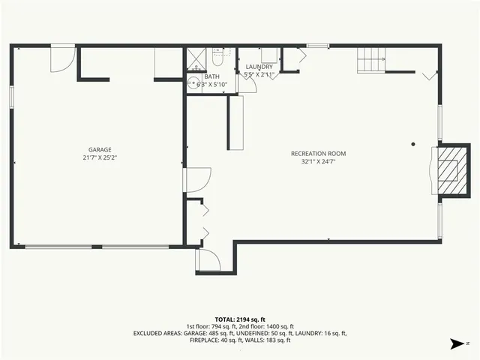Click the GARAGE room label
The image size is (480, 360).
[x=100, y=150]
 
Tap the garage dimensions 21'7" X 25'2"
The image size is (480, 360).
[x=100, y=158]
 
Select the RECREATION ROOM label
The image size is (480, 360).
[x=318, y=154]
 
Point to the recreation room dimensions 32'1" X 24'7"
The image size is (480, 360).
[x=318, y=162]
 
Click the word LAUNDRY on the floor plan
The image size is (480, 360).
[x=259, y=67]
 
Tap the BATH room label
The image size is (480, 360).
[x=211, y=76]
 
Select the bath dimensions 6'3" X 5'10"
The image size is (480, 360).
[x=212, y=85]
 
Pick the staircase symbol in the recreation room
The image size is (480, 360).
[x=370, y=60]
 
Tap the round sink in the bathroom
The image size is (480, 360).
[x=193, y=83]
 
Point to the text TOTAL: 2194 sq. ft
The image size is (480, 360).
[x=240, y=319]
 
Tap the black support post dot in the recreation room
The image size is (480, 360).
[x=412, y=144]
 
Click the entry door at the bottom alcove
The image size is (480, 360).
[x=207, y=259]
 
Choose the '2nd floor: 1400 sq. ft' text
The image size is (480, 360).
[x=263, y=325]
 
